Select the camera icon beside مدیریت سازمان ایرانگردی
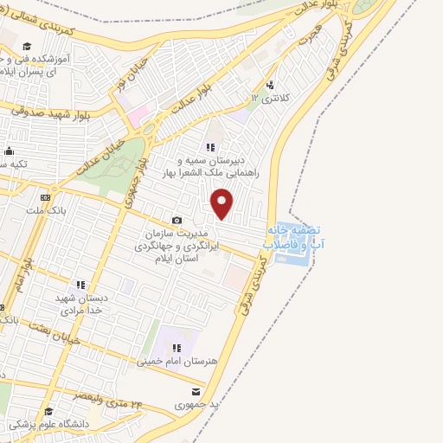tap(177, 221)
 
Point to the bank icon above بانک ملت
tap(45, 197)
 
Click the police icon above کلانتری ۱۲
tap(272, 85)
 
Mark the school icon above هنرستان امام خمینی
tap(177, 348)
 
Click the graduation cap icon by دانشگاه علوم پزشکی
tap(49, 412)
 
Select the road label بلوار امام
tap(27, 270)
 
